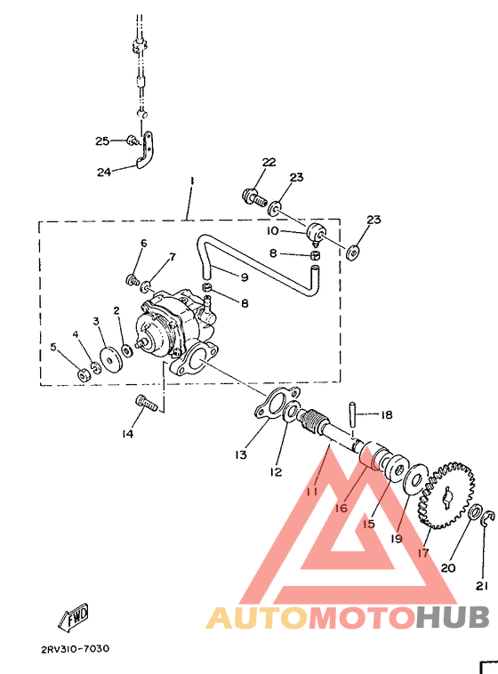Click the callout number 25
click(x=102, y=141)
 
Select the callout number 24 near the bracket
click(x=104, y=172)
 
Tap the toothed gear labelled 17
click(x=446, y=495)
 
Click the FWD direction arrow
click(x=74, y=618)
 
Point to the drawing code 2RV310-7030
click(x=76, y=648)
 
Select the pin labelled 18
click(x=351, y=413)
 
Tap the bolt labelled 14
click(x=147, y=403)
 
